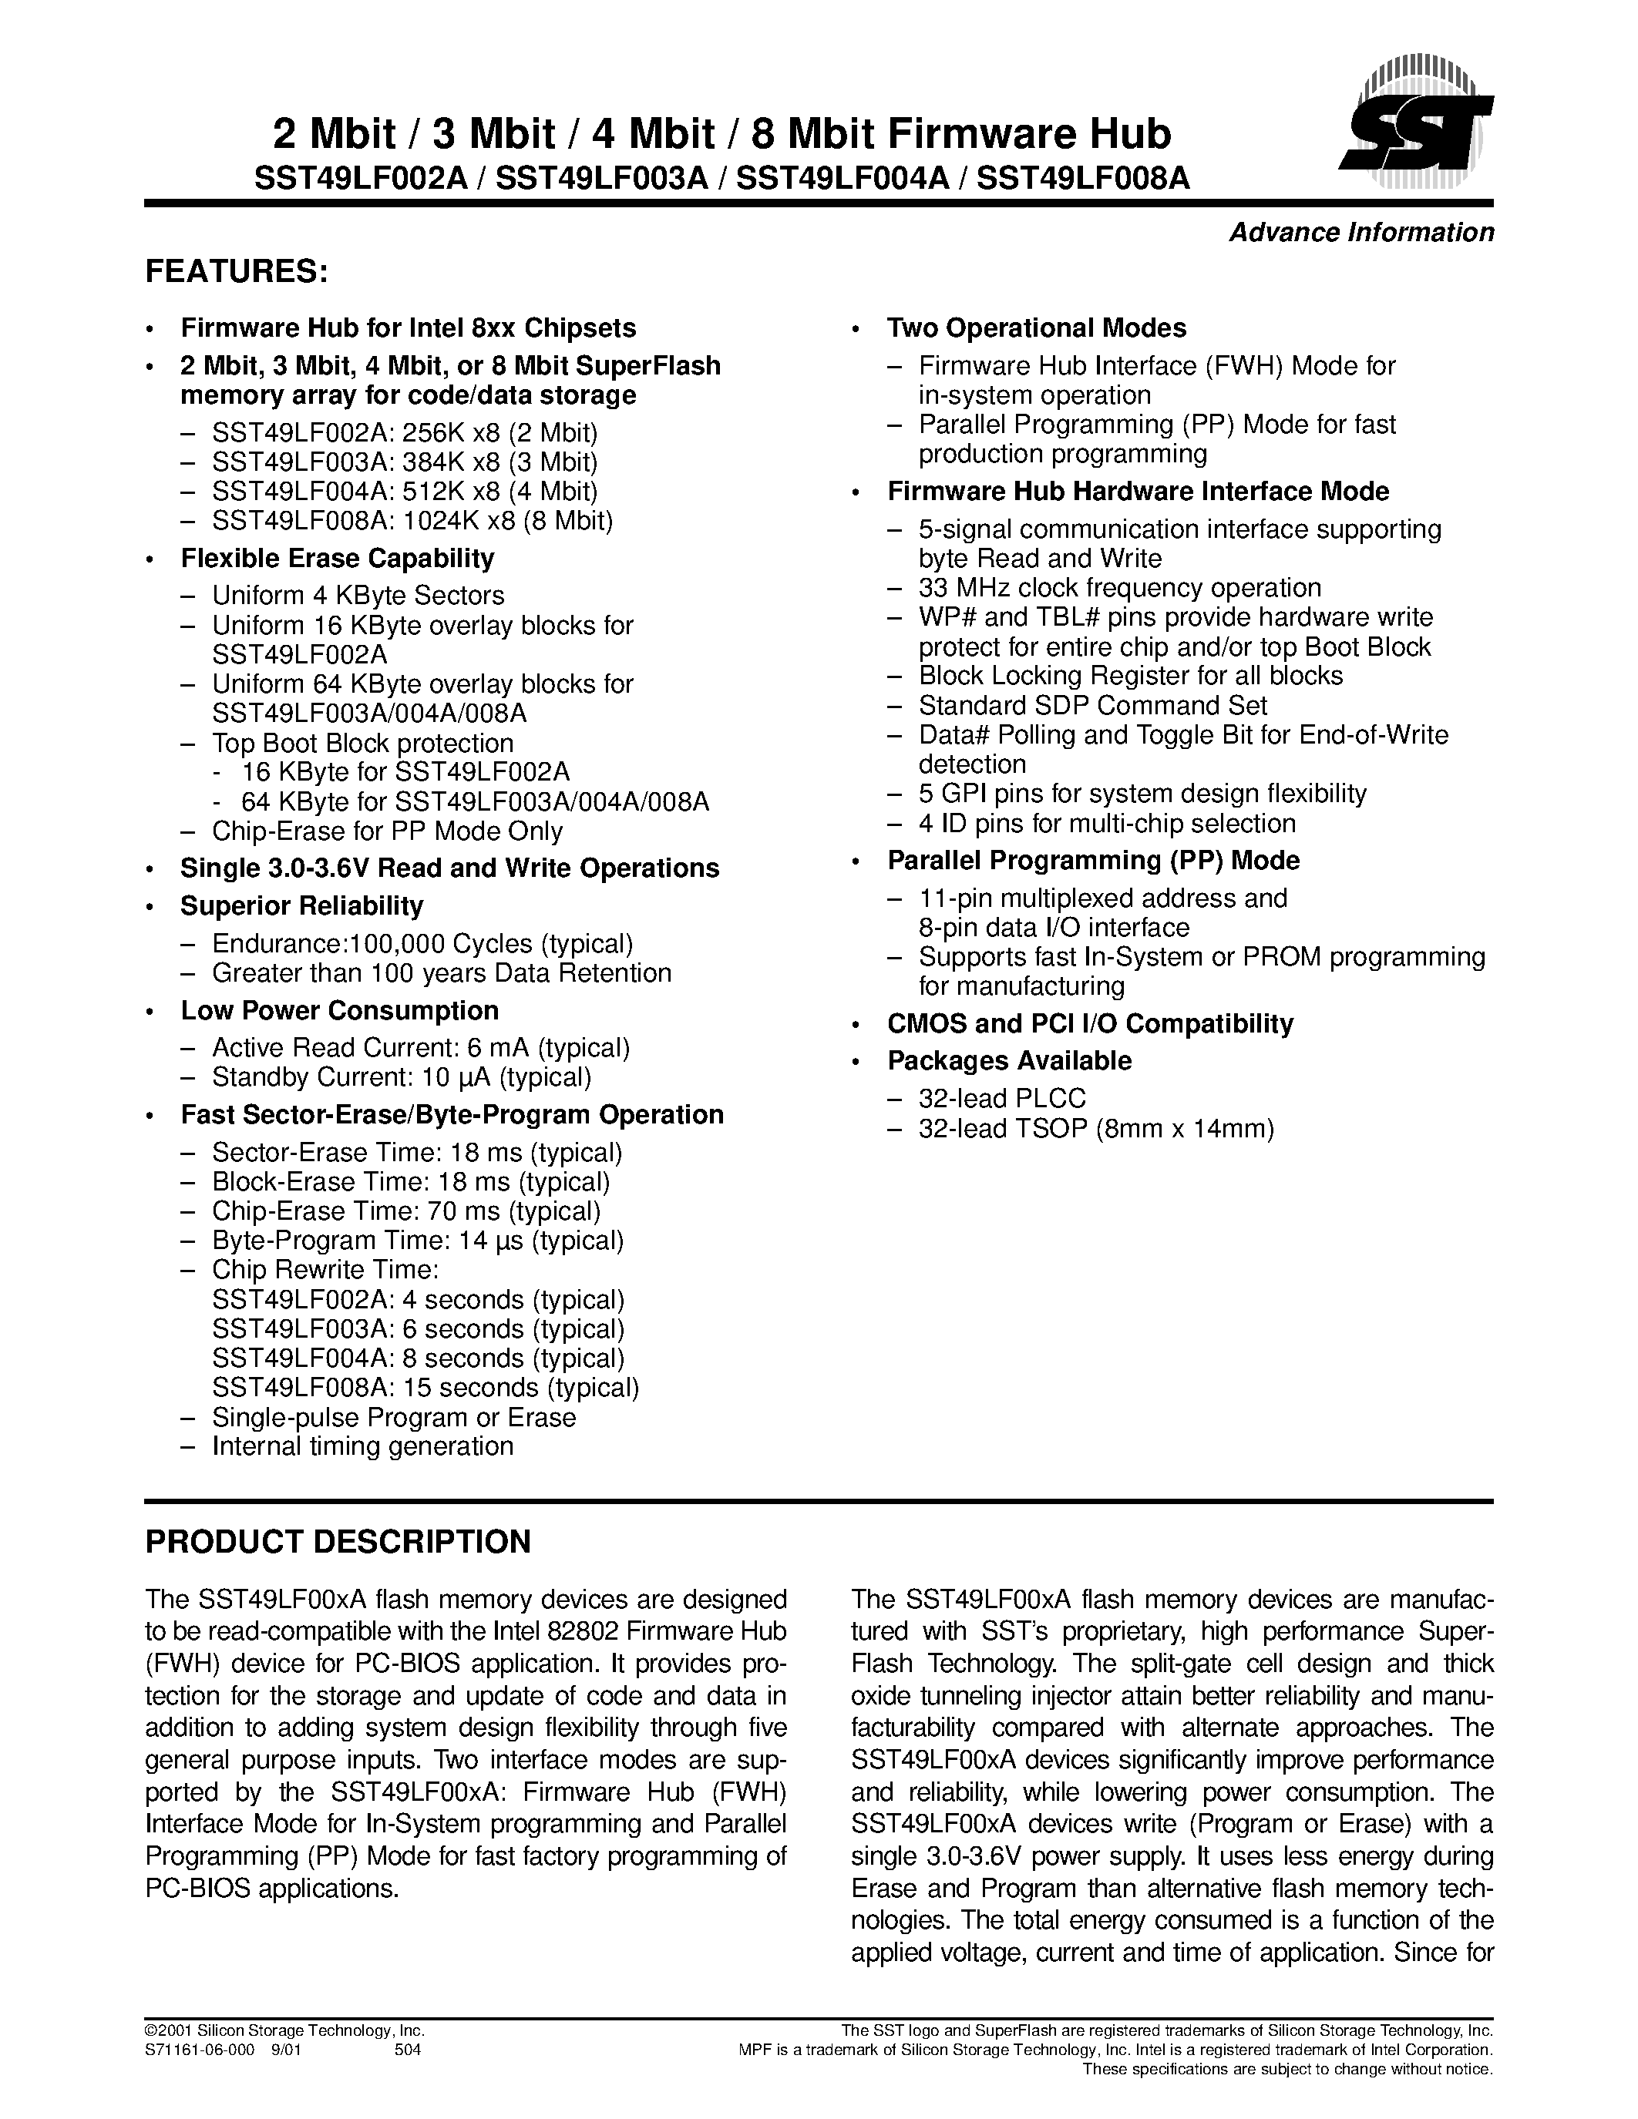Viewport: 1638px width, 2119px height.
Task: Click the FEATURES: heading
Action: click(237, 273)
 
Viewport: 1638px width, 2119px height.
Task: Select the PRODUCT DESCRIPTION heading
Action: click(338, 1542)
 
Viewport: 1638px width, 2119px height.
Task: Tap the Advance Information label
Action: click(1361, 233)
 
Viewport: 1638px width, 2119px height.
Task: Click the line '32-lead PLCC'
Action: click(1001, 1098)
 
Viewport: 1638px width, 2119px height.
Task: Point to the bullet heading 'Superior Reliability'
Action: click(302, 906)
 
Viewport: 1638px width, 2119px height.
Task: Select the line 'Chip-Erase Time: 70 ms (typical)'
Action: click(405, 1211)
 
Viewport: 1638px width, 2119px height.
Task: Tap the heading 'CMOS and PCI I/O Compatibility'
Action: click(1090, 1023)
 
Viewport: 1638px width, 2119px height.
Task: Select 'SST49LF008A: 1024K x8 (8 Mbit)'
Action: click(412, 521)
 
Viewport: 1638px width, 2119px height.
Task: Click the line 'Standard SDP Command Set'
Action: click(1093, 705)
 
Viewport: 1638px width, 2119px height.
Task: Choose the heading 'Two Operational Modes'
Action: click(1036, 328)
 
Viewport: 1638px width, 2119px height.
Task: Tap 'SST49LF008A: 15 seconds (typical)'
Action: click(425, 1388)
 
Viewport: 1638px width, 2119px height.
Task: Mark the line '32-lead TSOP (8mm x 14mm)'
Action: click(1095, 1128)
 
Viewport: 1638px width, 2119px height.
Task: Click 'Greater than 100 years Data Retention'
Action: click(442, 973)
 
